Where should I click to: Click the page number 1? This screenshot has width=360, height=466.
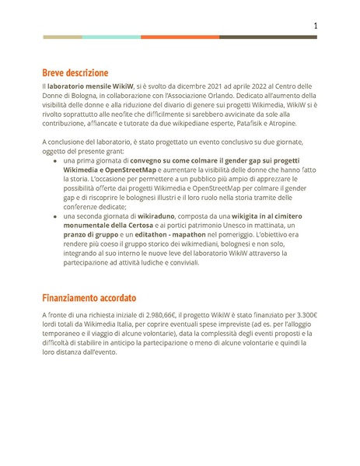(x=315, y=26)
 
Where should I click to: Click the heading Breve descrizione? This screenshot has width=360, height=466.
(x=75, y=72)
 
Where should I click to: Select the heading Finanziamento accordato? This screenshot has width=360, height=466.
(x=89, y=297)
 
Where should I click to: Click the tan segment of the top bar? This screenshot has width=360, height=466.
(x=62, y=37)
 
